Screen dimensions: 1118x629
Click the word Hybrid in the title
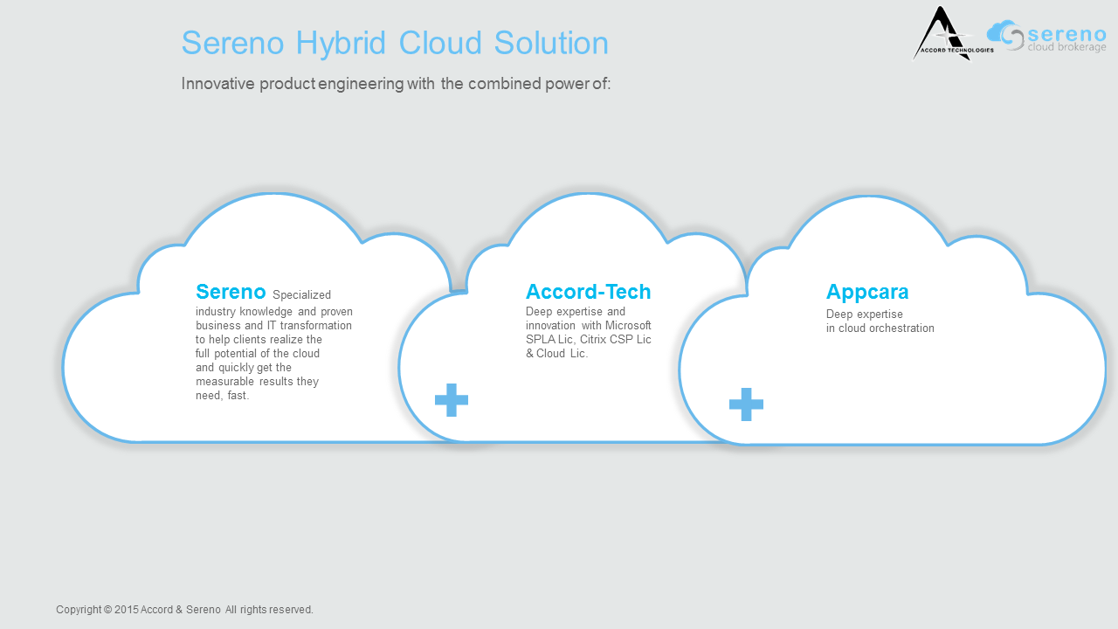point(341,44)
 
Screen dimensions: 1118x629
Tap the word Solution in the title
point(551,43)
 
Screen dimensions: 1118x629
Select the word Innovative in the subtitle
point(218,83)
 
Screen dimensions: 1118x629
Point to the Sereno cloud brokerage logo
point(1046,36)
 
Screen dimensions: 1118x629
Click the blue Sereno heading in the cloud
point(231,292)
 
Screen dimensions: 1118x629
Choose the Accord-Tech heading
point(589,292)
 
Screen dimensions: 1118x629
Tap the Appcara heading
point(867,293)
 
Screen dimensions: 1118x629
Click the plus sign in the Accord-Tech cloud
point(452,400)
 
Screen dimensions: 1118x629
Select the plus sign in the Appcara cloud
point(746,404)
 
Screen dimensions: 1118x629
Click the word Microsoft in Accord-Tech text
point(628,326)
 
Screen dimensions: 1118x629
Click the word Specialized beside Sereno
point(301,295)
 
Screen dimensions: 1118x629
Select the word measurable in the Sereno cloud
point(224,382)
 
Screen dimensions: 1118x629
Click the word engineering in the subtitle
point(361,84)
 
